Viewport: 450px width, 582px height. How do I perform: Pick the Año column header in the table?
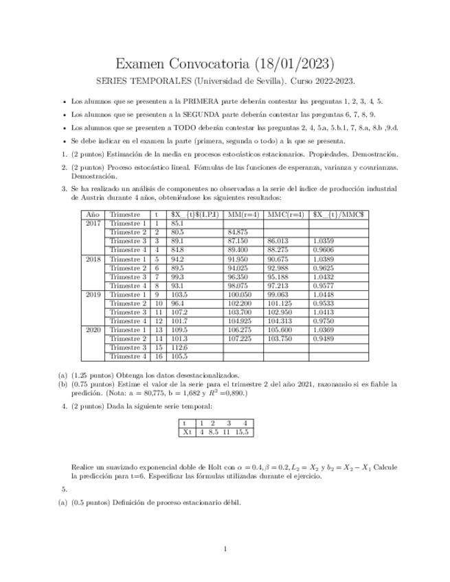point(93,214)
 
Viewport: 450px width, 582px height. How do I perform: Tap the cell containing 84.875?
point(237,233)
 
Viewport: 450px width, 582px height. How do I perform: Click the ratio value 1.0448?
point(323,294)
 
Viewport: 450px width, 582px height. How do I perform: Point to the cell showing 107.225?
point(238,339)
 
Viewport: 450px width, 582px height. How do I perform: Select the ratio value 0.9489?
point(323,339)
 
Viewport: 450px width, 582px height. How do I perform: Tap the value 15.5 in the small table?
point(243,432)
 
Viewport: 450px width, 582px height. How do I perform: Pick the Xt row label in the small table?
point(186,432)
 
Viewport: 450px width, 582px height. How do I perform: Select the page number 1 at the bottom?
point(225,549)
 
